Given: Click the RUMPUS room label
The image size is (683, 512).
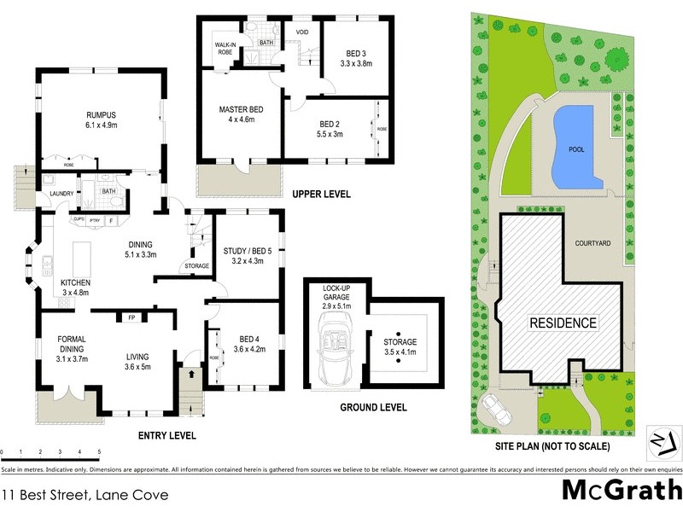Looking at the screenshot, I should pyautogui.click(x=100, y=115).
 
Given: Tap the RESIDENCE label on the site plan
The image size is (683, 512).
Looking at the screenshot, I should pyautogui.click(x=563, y=323).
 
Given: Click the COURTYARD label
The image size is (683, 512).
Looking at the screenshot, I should pyautogui.click(x=593, y=243).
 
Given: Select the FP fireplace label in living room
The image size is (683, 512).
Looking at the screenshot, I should pyautogui.click(x=132, y=317).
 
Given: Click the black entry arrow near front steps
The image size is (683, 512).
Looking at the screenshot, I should pyautogui.click(x=190, y=373).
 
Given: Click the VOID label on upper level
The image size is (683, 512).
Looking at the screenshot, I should pyautogui.click(x=301, y=32).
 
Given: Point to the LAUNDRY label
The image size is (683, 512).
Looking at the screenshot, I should pyautogui.click(x=61, y=194).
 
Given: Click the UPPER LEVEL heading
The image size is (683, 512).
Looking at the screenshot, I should pyautogui.click(x=321, y=195).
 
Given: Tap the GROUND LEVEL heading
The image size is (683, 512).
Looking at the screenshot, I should pyautogui.click(x=373, y=407).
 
